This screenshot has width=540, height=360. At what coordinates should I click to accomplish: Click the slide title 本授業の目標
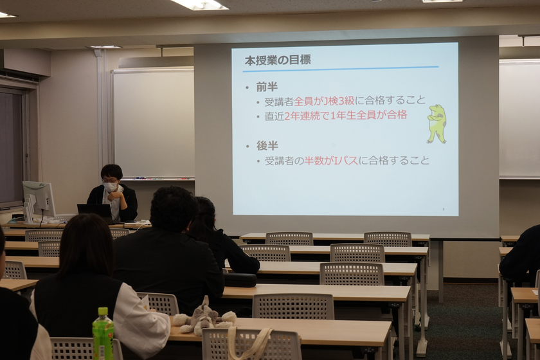point(277,60)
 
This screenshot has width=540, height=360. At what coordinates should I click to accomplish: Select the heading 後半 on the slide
point(267,145)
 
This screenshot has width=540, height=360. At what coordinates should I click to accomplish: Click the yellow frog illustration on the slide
point(437,123)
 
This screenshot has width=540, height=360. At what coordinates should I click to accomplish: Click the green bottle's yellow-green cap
point(102,312)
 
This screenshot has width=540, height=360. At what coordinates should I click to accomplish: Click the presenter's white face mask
point(111,187)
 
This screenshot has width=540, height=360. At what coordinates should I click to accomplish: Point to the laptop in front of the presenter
point(94,211)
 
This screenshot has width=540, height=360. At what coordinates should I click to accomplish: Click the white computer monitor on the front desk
point(39,196)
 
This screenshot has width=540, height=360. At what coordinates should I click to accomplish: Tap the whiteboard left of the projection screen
point(153,122)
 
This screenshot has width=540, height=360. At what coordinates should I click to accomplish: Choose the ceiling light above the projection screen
point(199,4)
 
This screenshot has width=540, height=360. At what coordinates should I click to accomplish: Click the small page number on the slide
point(443,209)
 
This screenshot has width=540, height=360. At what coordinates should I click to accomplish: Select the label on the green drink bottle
point(103,338)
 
